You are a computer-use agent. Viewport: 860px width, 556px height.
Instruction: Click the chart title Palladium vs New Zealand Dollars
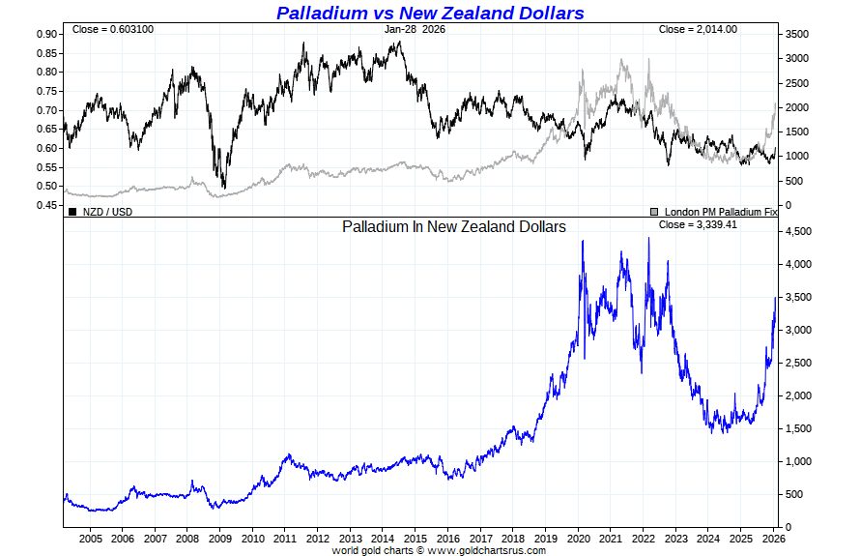pos(430,13)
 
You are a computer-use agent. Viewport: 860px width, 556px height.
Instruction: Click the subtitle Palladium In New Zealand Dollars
pos(454,226)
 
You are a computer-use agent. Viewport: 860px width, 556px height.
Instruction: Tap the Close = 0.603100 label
pos(112,29)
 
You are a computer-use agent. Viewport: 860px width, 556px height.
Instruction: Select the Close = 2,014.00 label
pos(698,29)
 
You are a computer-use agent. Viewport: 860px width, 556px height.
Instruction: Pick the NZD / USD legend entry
pos(106,211)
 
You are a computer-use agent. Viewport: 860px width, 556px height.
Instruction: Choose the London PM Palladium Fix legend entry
pos(719,211)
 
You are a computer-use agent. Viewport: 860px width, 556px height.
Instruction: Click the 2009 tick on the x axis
pos(220,539)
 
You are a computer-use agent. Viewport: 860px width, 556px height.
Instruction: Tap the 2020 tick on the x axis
pos(579,539)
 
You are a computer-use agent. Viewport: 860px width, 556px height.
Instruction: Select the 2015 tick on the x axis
pos(416,539)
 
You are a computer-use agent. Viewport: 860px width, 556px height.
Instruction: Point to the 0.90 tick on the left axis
pos(45,34)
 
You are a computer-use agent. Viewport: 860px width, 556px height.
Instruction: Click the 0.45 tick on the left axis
pos(45,205)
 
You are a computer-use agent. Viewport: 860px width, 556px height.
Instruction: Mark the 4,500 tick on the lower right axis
pos(798,231)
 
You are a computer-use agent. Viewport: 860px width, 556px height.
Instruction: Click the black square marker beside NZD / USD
pos(72,211)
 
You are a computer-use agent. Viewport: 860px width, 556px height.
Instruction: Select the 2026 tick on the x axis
pos(774,539)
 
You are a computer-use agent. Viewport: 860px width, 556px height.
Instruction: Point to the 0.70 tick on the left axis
pos(45,110)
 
